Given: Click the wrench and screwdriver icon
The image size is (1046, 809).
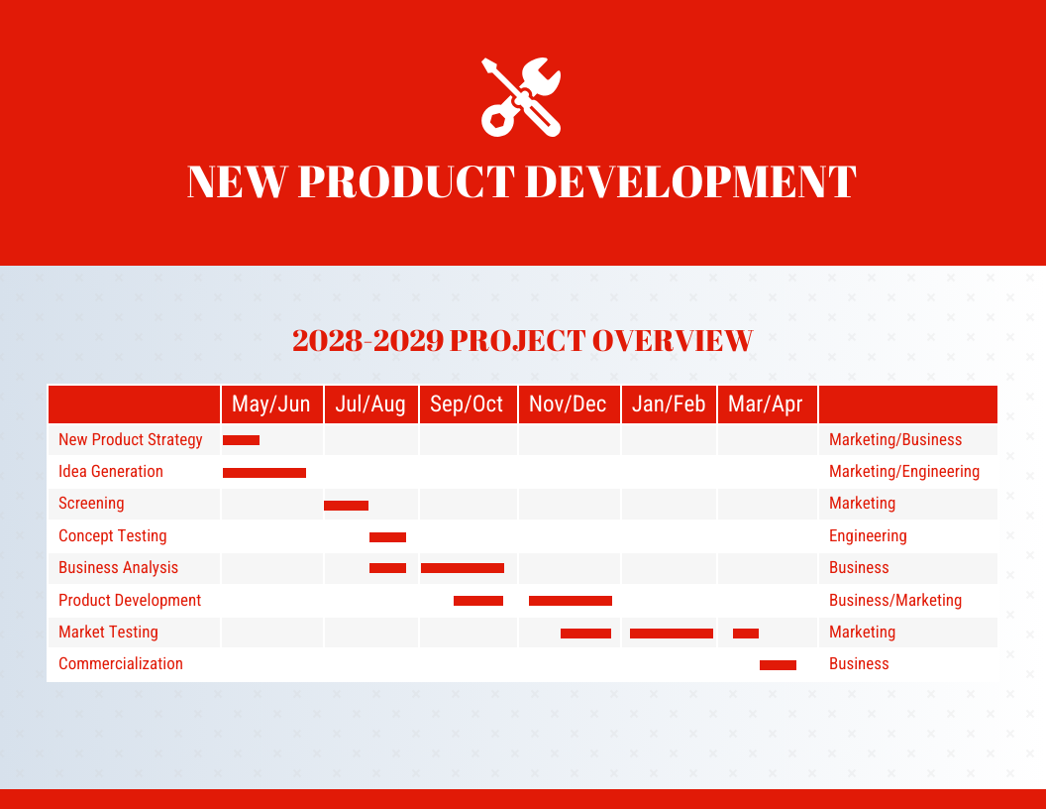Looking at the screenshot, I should (x=521, y=96).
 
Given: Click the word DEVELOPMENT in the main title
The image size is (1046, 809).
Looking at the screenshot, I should (x=689, y=182).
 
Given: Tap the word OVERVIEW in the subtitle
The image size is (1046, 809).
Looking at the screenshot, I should (x=673, y=341).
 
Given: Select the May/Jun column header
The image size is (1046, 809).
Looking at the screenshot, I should (x=270, y=404).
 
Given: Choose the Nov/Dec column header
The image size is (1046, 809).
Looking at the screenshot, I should (x=568, y=404).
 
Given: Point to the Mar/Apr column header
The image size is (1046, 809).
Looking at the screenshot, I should (x=765, y=404).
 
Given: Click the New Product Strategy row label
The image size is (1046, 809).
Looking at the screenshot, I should (x=130, y=439).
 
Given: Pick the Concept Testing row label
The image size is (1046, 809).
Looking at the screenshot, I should (x=112, y=535).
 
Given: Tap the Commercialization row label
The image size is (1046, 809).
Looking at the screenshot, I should (x=120, y=663).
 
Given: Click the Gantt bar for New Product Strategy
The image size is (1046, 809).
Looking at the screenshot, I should (x=241, y=440).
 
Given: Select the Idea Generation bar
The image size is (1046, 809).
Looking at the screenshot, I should (x=264, y=473).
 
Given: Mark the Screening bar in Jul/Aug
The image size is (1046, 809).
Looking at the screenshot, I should (x=346, y=506).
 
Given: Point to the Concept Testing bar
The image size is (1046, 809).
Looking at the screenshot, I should (x=387, y=537).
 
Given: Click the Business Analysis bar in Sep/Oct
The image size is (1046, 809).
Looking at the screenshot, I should (x=463, y=568).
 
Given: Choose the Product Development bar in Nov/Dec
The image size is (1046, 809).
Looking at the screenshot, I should (x=571, y=601).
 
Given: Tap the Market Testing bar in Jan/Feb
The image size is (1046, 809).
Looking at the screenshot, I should (x=672, y=633).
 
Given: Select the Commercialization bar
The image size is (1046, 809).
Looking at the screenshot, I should (x=778, y=665).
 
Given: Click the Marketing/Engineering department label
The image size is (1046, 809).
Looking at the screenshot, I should (x=903, y=471).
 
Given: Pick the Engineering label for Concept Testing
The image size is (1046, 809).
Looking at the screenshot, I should (x=867, y=535).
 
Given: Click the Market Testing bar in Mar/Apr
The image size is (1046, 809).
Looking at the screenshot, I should (x=746, y=633).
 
